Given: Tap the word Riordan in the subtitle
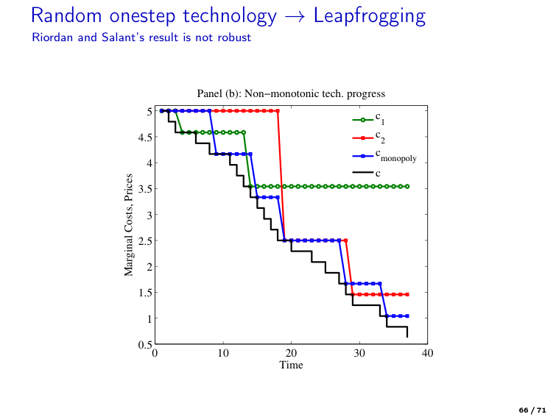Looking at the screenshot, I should coord(49,37).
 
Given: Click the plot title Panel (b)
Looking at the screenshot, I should coord(291,93).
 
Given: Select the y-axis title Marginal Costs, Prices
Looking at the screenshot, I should coord(129,225).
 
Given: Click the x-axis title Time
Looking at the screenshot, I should coord(291,365).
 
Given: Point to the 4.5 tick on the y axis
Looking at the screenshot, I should coord(146,137).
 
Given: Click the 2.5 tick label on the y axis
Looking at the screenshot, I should coord(146,240).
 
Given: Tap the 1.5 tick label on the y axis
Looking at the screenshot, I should coord(146,293).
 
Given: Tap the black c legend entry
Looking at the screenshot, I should coord(367,174).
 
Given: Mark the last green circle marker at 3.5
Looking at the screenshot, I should coord(407,187).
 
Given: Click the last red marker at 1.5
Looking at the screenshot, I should coord(407,294).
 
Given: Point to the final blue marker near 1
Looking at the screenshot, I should coord(407,316).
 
